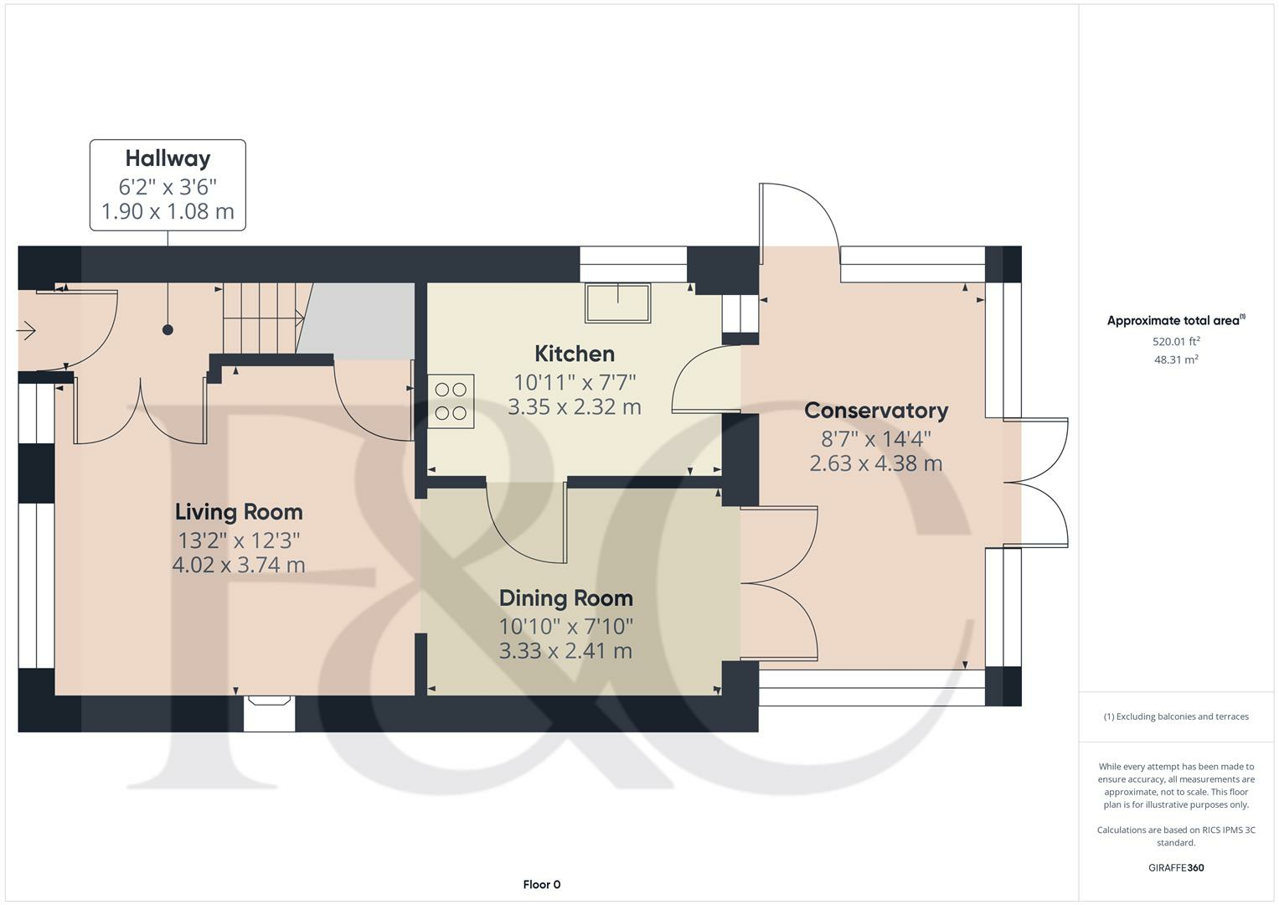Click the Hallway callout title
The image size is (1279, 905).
(168, 159)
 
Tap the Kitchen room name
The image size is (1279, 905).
(575, 354)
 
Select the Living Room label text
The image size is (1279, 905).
(239, 513)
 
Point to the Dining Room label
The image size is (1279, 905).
(566, 598)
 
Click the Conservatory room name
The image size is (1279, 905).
(876, 411)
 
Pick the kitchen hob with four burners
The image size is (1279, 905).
(451, 401)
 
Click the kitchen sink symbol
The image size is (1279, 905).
(618, 303)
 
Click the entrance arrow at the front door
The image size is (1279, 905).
(26, 330)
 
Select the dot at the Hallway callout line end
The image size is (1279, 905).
(168, 329)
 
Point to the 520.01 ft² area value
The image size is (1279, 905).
(1176, 342)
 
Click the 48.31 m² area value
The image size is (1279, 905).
(1176, 360)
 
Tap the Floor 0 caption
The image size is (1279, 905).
(542, 884)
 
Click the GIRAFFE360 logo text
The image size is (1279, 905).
(1176, 867)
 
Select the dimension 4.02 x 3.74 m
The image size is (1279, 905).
(239, 565)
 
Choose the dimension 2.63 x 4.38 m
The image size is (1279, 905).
(876, 463)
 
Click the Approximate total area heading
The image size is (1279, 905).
(1176, 320)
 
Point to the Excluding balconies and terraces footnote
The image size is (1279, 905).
(1176, 716)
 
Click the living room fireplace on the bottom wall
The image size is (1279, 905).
(269, 713)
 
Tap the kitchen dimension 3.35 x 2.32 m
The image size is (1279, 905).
(575, 407)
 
